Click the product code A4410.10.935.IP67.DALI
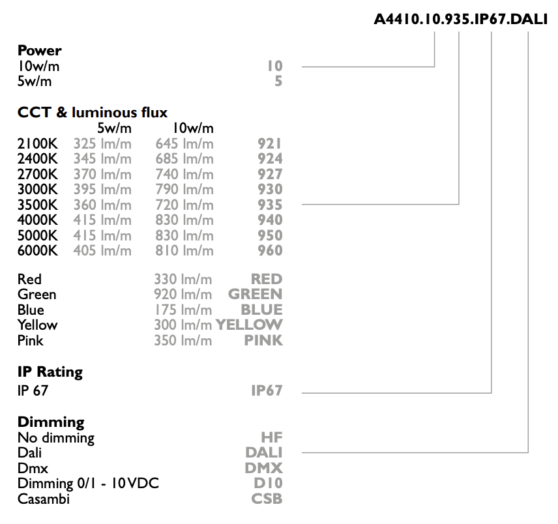(460, 19)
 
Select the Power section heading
(40, 51)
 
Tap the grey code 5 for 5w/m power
(278, 81)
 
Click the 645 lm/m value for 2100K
(184, 144)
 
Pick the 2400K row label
(37, 158)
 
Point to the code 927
(270, 174)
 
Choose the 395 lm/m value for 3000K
(102, 189)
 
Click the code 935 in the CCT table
(270, 205)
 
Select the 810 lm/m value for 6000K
(184, 250)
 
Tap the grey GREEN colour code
(255, 294)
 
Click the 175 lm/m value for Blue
(183, 310)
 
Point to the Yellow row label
(37, 325)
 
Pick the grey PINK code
(263, 340)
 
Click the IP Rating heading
(50, 371)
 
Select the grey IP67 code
(267, 390)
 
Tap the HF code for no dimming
(272, 437)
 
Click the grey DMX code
(264, 468)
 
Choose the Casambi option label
(44, 499)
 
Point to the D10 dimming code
(268, 483)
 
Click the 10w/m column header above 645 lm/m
(193, 128)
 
